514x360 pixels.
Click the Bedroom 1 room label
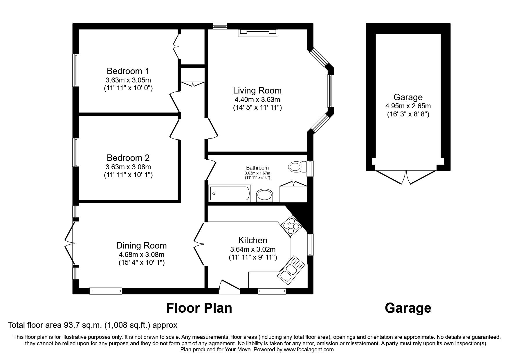click(128, 71)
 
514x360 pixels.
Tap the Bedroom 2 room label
click(128, 158)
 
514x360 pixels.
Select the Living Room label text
click(257, 91)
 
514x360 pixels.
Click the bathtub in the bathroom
click(229, 194)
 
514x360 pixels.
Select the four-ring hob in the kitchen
click(291, 226)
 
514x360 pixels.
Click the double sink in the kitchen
click(291, 269)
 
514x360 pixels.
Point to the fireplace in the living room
click(258, 33)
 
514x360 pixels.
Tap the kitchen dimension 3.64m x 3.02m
click(253, 249)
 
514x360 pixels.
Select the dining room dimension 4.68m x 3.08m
click(141, 255)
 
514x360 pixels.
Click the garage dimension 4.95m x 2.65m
click(408, 106)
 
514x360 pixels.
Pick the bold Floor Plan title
click(199, 308)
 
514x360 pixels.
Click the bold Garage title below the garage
click(408, 308)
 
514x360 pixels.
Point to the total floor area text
click(93, 325)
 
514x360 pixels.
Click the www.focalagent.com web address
click(309, 350)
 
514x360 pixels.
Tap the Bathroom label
click(257, 168)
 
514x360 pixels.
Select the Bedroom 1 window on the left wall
click(76, 70)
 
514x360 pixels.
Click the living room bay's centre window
click(331, 91)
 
